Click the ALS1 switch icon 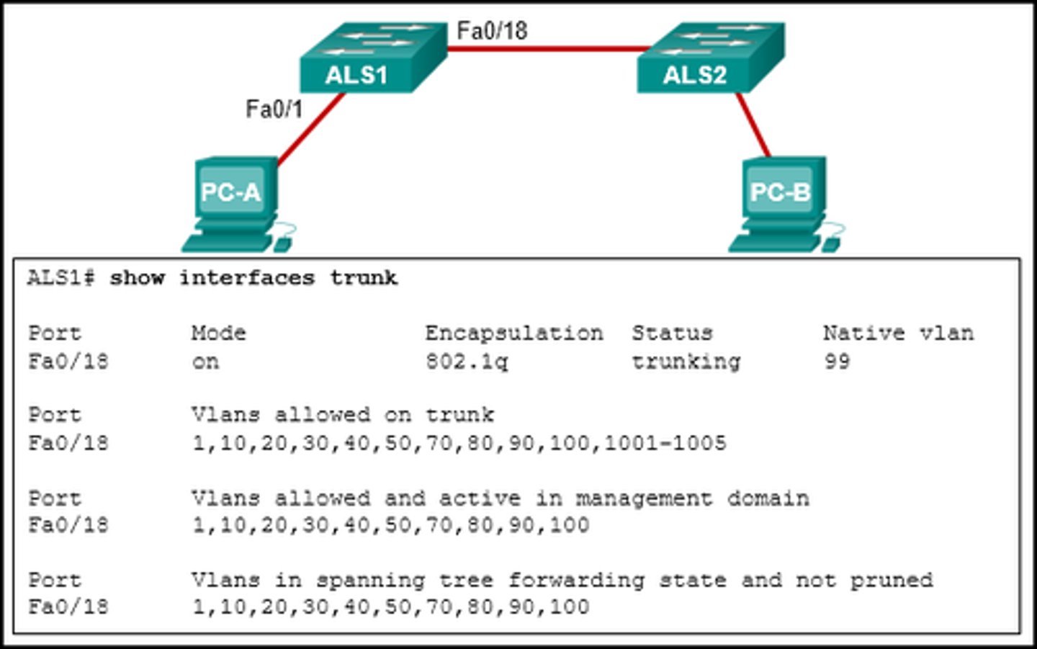point(372,59)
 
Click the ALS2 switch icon point(709,59)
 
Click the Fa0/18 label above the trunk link point(492,31)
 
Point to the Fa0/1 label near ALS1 point(274,109)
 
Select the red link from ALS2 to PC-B point(753,125)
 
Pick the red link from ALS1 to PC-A point(311,130)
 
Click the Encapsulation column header point(513,334)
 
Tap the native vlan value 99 point(837,362)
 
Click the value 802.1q point(466,362)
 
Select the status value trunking point(686,362)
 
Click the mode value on point(205,362)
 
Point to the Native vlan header point(898,334)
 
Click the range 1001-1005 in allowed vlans point(665,443)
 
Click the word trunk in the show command point(364,279)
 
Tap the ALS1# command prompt point(60,279)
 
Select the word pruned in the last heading point(892,581)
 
